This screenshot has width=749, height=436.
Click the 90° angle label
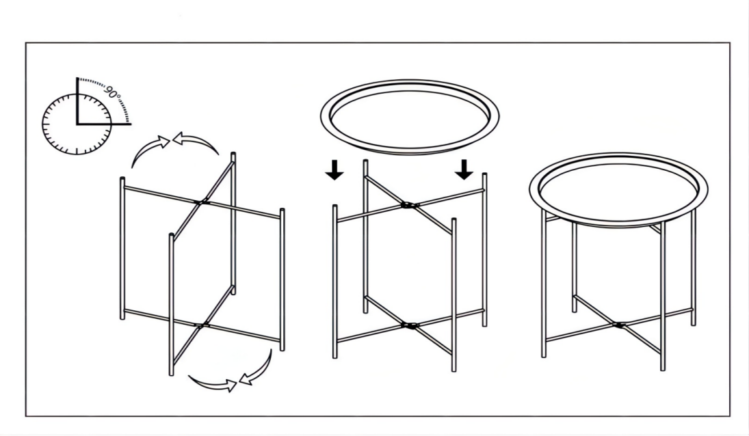coord(114,92)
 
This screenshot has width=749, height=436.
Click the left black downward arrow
coord(334,169)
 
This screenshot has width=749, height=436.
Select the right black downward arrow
coord(464,169)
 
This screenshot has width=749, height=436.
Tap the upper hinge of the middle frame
coord(408,206)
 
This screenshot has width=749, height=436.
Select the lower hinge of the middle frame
coord(409,326)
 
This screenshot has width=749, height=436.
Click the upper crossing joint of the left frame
coord(202,202)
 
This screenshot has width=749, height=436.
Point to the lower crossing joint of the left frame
coord(202,325)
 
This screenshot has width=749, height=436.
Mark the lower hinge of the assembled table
coord(619,325)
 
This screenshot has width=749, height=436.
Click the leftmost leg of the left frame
coord(122,248)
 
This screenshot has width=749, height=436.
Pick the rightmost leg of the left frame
coord(282,280)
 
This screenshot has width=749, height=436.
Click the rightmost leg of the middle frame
coord(485,250)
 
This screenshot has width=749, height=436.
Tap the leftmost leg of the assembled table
coord(544,284)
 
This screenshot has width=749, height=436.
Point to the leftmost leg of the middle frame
coord(335,282)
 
